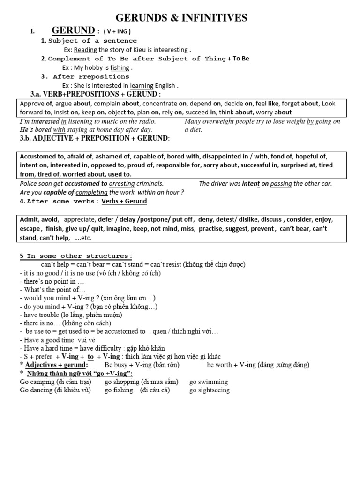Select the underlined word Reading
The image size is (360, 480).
pos(85,50)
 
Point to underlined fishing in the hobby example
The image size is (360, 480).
pos(120,67)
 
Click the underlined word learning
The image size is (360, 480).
pos(142,85)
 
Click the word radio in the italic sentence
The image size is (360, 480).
pos(146,121)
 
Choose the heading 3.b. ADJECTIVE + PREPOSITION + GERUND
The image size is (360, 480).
pos(95,139)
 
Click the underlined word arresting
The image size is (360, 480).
pos(121,183)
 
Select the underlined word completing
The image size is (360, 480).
pos(91,192)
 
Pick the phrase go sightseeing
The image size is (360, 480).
pos(210,390)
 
